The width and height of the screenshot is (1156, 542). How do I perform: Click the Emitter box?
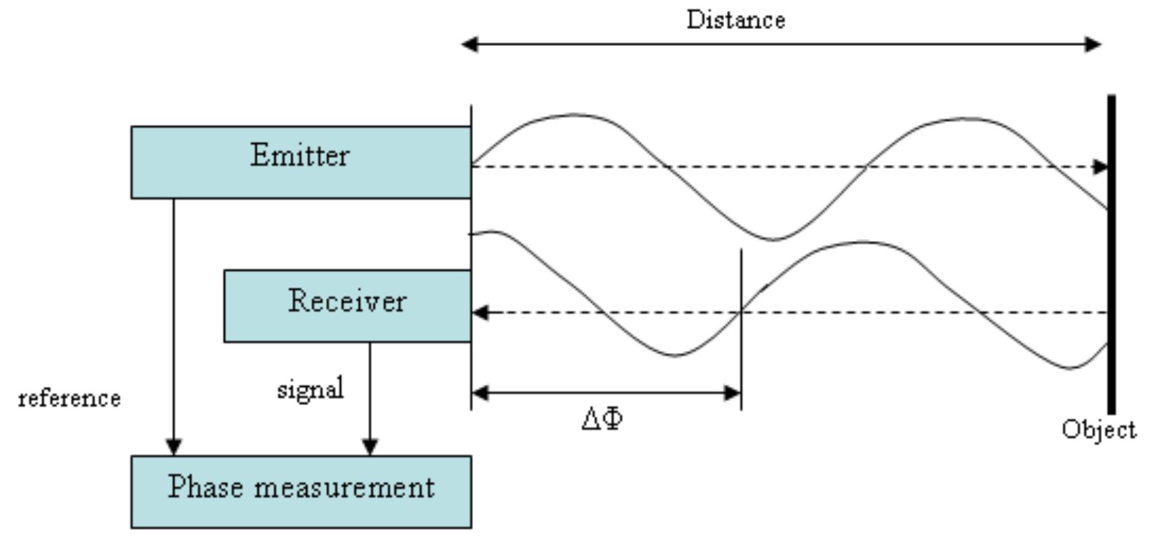(300, 162)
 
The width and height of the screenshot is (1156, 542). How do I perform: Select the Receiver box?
(347, 306)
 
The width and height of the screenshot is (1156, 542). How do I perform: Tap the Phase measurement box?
(301, 491)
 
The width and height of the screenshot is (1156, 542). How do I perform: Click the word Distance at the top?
(736, 20)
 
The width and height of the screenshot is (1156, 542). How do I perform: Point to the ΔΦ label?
(602, 419)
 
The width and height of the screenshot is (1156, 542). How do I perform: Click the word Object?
(1099, 429)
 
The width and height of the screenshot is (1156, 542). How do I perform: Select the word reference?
(70, 398)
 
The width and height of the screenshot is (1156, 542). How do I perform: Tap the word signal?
(310, 389)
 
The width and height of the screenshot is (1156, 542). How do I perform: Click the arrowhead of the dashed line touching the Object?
(1100, 167)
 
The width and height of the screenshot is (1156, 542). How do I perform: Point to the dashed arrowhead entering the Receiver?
(480, 313)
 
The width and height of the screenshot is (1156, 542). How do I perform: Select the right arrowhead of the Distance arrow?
(1093, 45)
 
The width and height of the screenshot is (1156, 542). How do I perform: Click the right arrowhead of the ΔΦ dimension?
(732, 393)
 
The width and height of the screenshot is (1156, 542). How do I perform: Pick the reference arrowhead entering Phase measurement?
(173, 447)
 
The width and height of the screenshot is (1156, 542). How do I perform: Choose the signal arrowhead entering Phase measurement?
(370, 447)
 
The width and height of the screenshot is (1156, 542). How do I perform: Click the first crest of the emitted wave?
(574, 115)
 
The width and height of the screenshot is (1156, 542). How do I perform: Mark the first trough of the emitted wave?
(773, 239)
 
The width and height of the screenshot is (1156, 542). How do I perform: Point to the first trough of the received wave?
(675, 355)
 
